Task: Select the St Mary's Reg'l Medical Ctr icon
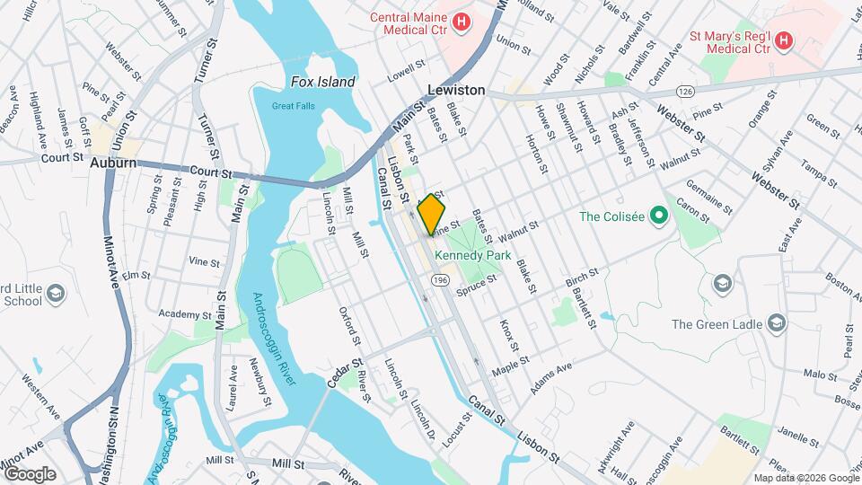tap(784, 40)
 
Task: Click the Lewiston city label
tap(456, 91)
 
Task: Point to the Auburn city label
tap(113, 163)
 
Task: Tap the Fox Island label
tap(323, 82)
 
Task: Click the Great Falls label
tap(294, 106)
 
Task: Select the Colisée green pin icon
tap(658, 216)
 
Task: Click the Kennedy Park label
tap(472, 256)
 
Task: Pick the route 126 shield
tap(686, 92)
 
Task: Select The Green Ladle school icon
tap(778, 324)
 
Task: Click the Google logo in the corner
tap(29, 473)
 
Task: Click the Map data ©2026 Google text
tap(805, 478)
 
